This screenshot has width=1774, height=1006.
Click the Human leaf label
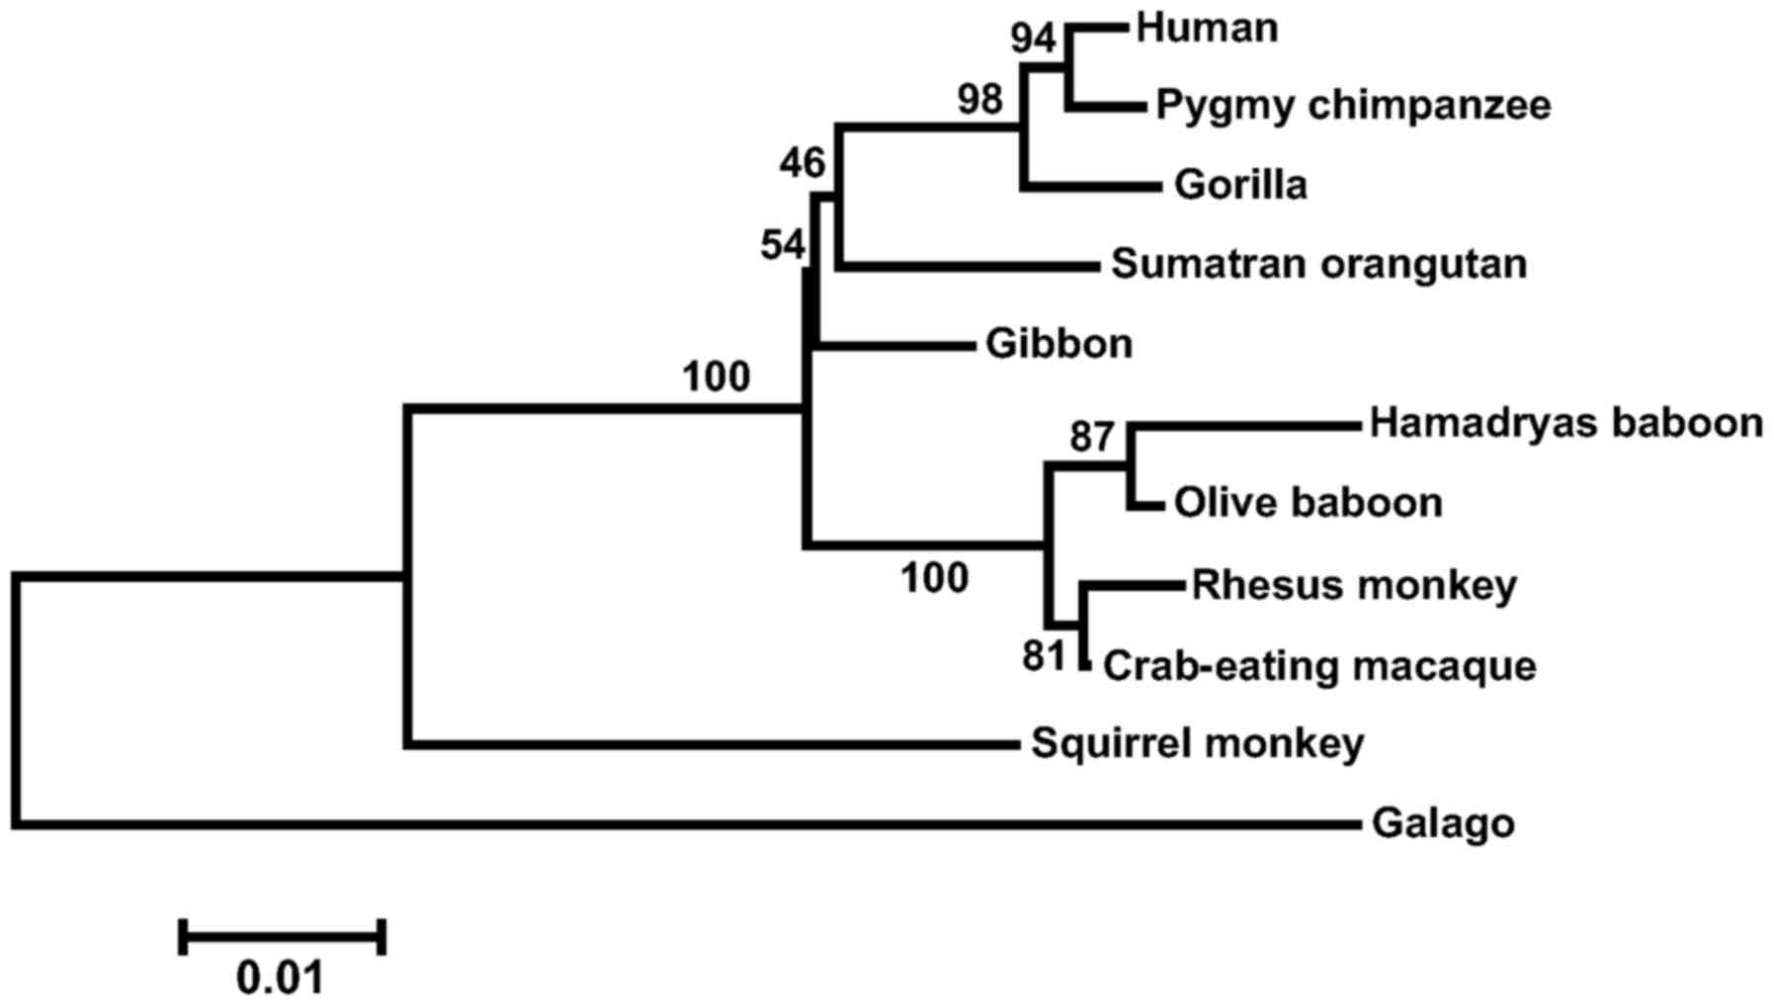pos(1207,28)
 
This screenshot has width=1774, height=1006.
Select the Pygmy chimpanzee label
pos(1353,105)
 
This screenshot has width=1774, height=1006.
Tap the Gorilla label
pos(1240,185)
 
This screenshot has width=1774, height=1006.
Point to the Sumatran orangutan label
pos(1318,264)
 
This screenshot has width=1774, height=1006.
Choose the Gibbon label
pos(1058,344)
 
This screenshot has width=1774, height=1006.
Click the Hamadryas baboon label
pos(1565,423)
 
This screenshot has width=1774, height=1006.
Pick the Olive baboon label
pos(1308,503)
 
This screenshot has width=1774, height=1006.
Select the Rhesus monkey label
pos(1353,584)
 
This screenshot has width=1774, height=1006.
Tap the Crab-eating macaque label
pos(1318,665)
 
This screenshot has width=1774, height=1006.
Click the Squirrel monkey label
pos(1197,742)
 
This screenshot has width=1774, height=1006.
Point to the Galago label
pos(1442,823)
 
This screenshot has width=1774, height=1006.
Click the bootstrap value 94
pos(1034,41)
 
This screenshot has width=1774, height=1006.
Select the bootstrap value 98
pos(979,100)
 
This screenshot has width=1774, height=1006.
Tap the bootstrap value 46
pos(802,163)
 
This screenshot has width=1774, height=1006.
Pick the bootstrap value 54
pos(783,245)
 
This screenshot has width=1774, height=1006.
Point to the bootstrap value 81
pos(1043,655)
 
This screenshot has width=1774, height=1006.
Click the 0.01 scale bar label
pos(281,978)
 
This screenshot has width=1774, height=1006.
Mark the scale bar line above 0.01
pos(283,936)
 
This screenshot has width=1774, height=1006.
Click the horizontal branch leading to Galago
pos(692,823)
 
